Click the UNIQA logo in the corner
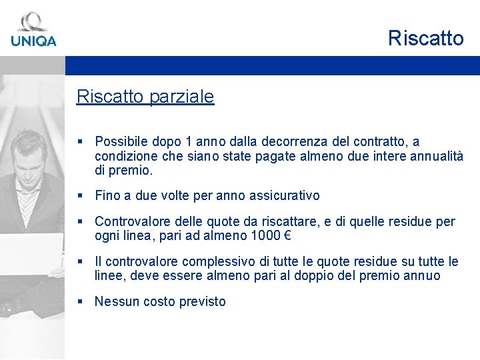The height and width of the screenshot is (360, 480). coord(33,30)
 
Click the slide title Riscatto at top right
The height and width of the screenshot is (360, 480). coord(425,39)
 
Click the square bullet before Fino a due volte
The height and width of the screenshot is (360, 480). coord(80,196)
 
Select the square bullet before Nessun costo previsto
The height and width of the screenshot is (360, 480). coord(80,301)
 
